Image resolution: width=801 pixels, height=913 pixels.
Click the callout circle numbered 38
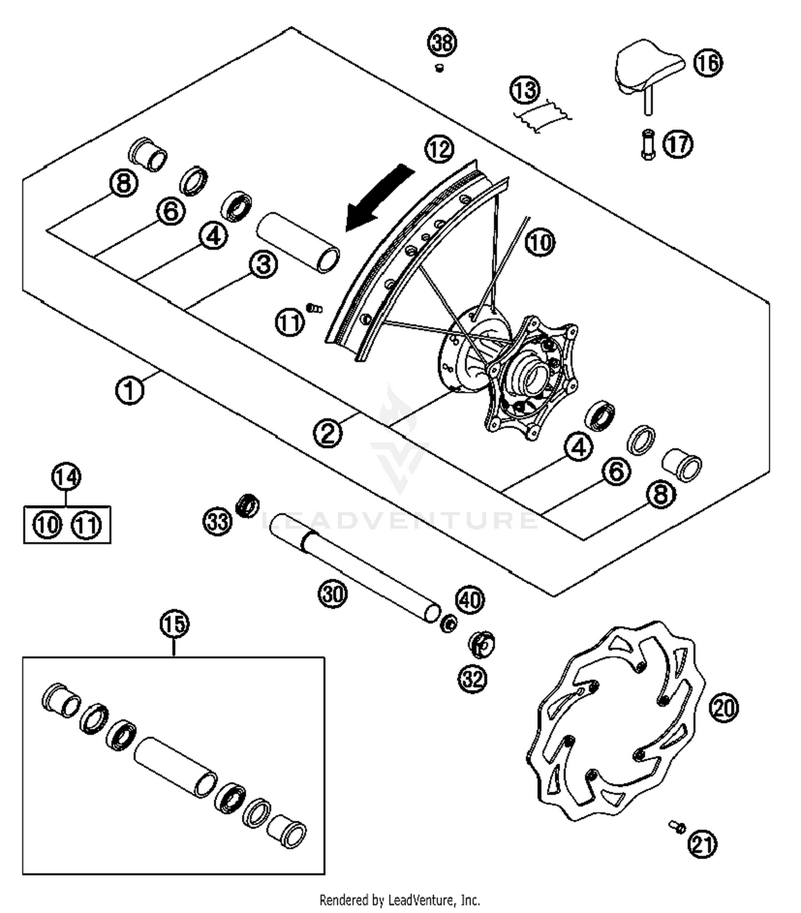[442, 42]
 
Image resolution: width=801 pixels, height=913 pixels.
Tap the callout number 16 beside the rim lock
[708, 62]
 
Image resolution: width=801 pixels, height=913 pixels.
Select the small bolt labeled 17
[648, 144]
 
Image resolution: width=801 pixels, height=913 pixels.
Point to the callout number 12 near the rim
[439, 149]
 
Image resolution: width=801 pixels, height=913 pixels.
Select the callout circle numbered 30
[333, 593]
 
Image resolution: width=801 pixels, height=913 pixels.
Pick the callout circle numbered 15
[175, 624]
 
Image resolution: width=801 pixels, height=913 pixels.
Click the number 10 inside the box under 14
[48, 525]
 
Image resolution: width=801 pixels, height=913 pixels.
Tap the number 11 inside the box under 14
[87, 525]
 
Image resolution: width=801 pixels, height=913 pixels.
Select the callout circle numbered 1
[130, 390]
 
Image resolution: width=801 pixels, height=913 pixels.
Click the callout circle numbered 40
[469, 600]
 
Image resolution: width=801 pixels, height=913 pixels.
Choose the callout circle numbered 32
[473, 679]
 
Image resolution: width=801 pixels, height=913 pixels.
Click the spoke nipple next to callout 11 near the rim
[315, 308]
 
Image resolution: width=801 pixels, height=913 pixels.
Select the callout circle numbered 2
[327, 432]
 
